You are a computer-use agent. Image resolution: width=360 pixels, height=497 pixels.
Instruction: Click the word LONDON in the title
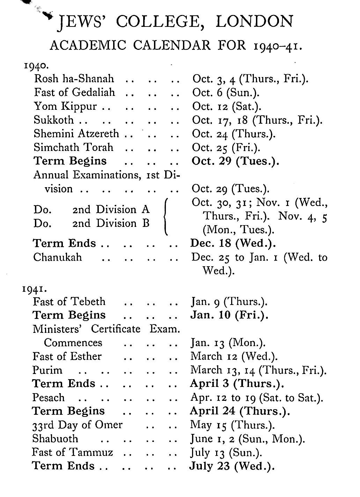[x=254, y=22]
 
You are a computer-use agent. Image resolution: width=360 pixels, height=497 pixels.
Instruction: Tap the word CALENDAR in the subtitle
[x=172, y=45]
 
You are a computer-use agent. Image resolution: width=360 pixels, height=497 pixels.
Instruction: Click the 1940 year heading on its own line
[x=34, y=65]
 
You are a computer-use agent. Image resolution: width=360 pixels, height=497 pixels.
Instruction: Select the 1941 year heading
[x=33, y=289]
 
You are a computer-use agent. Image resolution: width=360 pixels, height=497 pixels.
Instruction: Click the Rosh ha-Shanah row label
[x=74, y=79]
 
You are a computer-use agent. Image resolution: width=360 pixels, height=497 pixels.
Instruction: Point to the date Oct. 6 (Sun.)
[x=226, y=92]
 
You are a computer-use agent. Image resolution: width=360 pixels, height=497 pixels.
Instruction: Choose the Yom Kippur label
[x=65, y=106]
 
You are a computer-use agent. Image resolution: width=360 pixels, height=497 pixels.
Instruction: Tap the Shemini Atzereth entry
[x=76, y=133]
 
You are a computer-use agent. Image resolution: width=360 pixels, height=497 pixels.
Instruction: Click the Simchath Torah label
[x=74, y=147]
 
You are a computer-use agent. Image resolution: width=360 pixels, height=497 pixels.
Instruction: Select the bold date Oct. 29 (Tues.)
[x=235, y=161]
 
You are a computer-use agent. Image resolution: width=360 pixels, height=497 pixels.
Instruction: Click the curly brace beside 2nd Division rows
[x=167, y=216]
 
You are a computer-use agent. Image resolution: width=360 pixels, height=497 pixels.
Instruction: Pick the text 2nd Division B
[x=111, y=223]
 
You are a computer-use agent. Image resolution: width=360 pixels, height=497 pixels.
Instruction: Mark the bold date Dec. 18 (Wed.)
[x=233, y=243]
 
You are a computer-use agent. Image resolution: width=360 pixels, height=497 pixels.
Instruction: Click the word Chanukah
[x=58, y=257]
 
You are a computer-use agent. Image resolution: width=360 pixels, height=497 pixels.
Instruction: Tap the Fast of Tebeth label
[x=69, y=301]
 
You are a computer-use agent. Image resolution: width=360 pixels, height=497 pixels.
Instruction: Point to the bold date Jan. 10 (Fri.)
[x=229, y=315]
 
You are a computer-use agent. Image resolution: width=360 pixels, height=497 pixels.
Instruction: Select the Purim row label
[x=47, y=370]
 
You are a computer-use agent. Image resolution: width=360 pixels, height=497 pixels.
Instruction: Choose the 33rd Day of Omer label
[x=77, y=425]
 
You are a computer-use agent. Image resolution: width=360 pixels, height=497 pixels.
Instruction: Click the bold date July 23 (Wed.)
[x=232, y=466]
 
